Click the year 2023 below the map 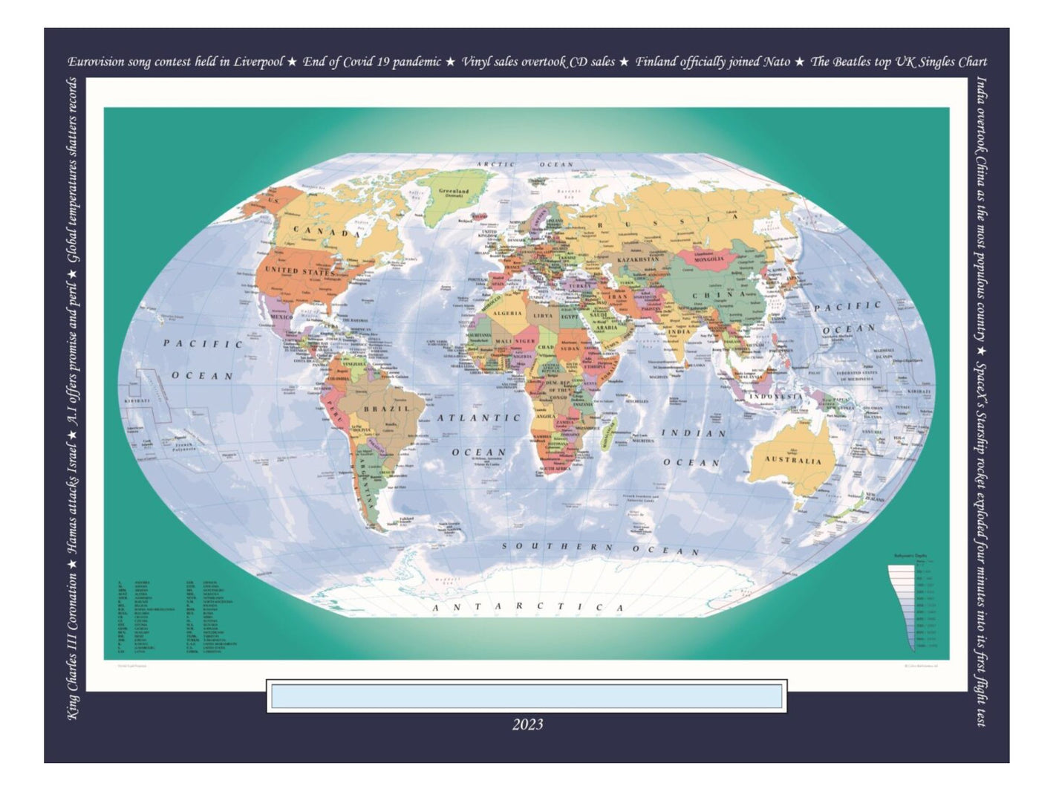[x=527, y=724]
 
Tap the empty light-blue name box [x=526, y=697]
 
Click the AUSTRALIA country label [x=793, y=461]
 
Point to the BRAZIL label [x=386, y=409]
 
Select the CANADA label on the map [x=327, y=232]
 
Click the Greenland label [x=453, y=192]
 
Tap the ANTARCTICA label [x=528, y=606]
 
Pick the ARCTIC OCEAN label [x=525, y=164]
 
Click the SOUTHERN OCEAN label [x=600, y=548]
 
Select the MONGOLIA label [x=708, y=259]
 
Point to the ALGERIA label [x=509, y=314]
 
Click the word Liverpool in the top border [x=258, y=62]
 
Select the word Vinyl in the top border [x=475, y=62]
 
